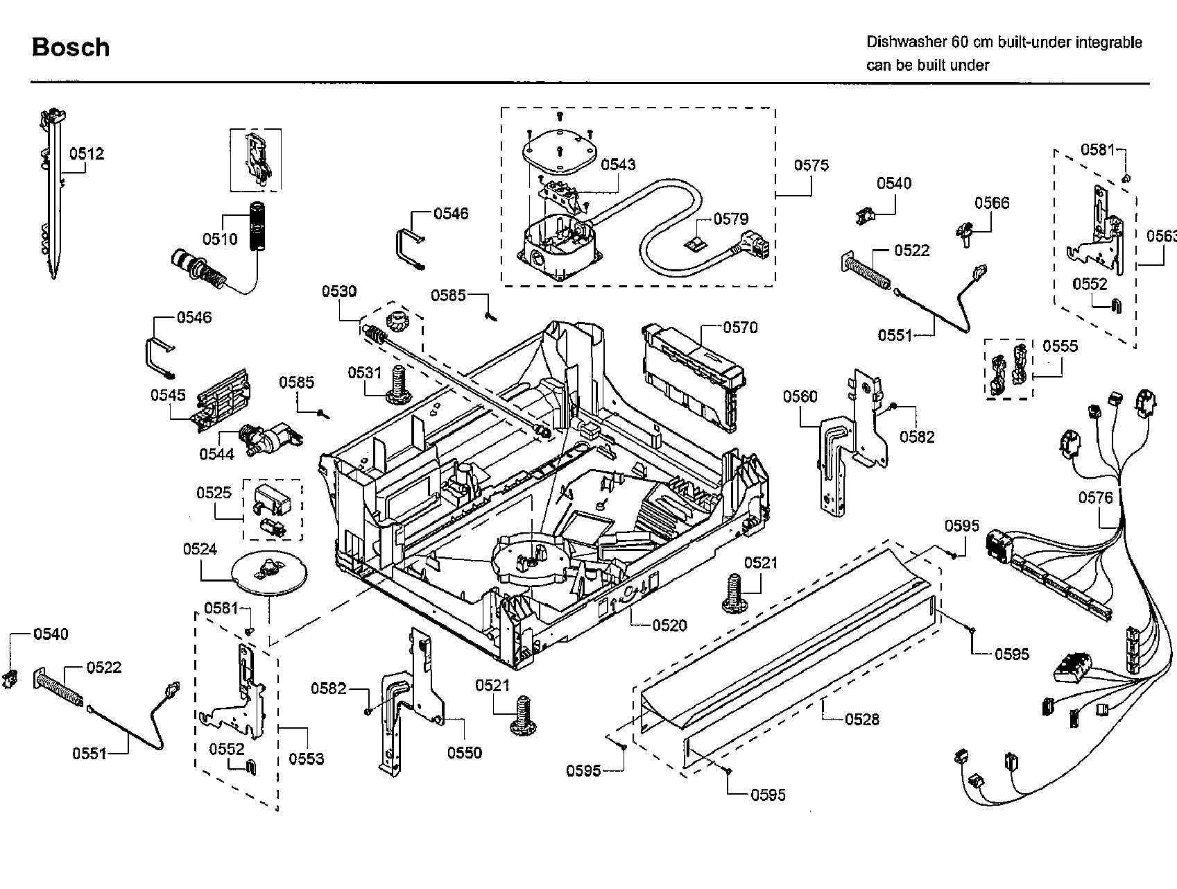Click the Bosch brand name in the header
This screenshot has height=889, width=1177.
tap(71, 47)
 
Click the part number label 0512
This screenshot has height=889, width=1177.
tap(87, 153)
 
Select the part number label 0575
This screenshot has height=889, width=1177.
tap(811, 165)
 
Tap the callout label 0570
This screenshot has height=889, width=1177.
tap(740, 327)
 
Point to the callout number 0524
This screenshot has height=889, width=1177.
tap(200, 550)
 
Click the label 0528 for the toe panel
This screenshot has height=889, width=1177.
tap(861, 720)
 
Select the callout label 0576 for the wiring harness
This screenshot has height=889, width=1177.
tap(1094, 498)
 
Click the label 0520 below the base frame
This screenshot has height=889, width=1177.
tap(669, 625)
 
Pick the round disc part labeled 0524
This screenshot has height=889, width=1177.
tap(266, 573)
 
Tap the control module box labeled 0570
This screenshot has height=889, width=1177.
tap(690, 375)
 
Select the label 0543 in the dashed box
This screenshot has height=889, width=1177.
tap(617, 164)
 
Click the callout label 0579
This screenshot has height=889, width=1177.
tap(731, 219)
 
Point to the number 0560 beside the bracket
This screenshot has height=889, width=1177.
tap(800, 396)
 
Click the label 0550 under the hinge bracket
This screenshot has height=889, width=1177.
tap(464, 753)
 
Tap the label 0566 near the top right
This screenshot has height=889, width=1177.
tap(992, 203)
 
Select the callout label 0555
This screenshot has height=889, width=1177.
tap(1060, 346)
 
